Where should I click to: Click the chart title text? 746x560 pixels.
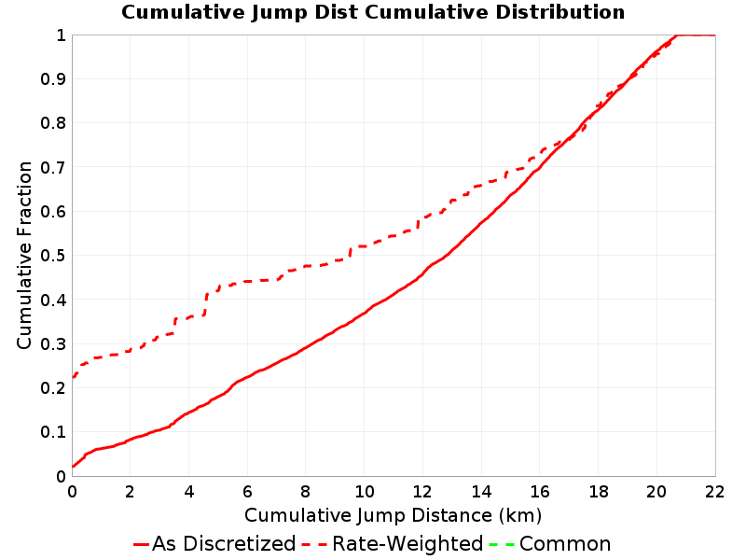373,12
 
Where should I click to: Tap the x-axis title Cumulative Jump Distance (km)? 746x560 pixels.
393,515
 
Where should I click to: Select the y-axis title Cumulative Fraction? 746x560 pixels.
24,255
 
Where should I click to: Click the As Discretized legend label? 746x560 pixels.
224,544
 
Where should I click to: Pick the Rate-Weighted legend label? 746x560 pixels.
408,544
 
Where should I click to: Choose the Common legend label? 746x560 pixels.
565,544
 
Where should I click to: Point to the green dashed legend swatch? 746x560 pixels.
502,544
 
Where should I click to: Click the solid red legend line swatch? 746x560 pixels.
142,544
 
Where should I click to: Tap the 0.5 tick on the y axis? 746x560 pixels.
53,256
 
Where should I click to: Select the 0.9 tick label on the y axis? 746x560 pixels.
53,79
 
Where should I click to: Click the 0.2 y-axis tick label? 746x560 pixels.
53,388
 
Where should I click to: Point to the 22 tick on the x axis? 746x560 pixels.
714,492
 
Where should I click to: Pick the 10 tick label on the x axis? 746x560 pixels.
364,492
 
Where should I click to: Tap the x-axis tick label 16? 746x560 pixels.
540,492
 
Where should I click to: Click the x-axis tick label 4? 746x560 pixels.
189,492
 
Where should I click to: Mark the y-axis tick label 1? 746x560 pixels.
61,35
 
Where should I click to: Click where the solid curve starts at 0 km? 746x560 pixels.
73,467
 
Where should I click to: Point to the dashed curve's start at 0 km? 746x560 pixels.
73,378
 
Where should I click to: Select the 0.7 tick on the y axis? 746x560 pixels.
53,168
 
